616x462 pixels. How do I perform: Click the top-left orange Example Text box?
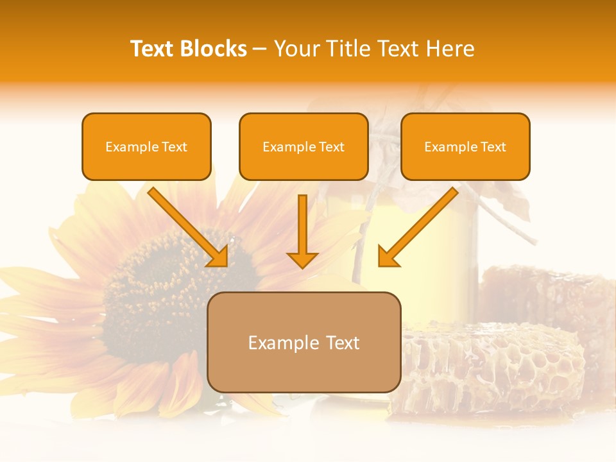coord(146,147)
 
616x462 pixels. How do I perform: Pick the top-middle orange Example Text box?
coord(304,147)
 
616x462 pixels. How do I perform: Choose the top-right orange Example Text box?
coord(465,147)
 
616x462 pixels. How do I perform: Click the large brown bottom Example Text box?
coord(304,342)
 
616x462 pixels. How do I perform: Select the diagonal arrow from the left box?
coord(189,228)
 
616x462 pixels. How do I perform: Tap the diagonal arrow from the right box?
coord(417,228)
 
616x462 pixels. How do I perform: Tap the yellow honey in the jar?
coord(417,244)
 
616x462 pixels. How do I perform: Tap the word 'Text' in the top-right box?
coord(493,147)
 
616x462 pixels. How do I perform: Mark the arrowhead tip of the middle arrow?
coord(302,267)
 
